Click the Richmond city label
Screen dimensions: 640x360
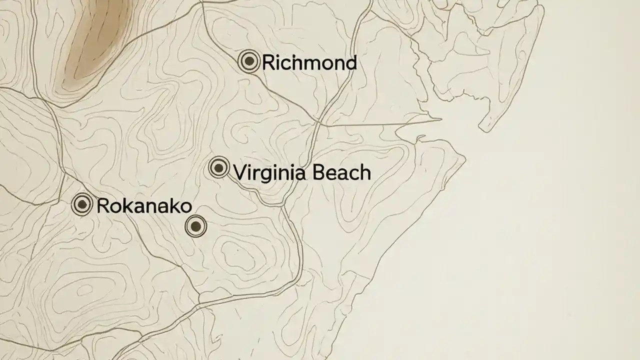coord(309,63)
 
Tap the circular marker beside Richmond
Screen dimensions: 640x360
coord(249,61)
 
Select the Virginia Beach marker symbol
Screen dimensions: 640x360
coord(219,167)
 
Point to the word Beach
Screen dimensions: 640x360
coord(342,173)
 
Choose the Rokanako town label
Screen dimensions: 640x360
coord(144,206)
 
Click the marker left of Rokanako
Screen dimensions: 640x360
coord(82,204)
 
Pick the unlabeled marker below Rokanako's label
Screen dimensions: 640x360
coord(196,226)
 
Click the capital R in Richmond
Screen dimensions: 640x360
coord(267,63)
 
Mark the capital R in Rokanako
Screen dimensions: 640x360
coord(102,206)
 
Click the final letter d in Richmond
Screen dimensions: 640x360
coord(351,63)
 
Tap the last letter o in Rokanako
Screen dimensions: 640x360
coord(185,206)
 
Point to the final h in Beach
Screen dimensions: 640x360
coord(365,173)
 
